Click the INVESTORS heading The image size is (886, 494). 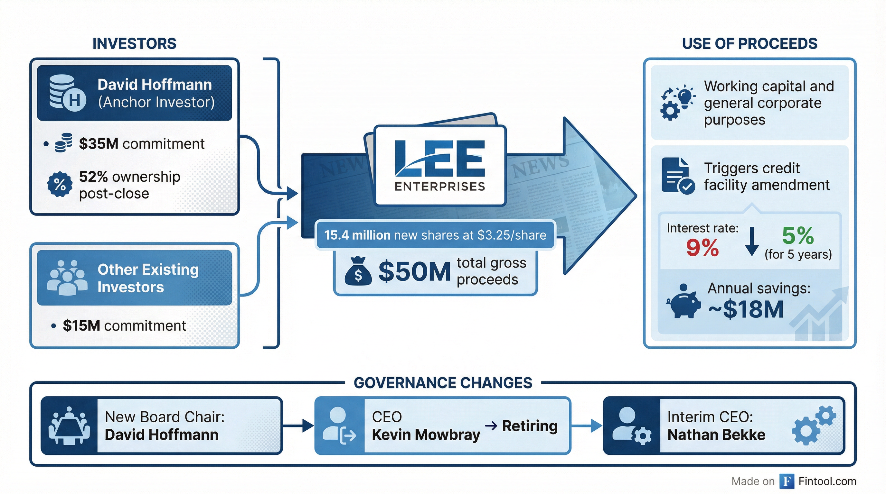coord(134,44)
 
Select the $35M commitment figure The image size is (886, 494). coord(99,143)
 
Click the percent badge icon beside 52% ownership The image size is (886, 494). coord(60,185)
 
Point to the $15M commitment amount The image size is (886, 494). coord(81,325)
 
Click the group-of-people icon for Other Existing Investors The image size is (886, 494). coord(67,278)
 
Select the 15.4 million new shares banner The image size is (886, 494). coord(435,235)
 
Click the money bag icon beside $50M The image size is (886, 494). coord(358,272)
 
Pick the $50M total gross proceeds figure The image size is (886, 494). coord(414,272)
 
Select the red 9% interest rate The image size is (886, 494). coord(702,248)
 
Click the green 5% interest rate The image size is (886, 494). coord(797,236)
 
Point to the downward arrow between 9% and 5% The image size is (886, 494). coord(752,241)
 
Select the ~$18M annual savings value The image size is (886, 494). coord(746,309)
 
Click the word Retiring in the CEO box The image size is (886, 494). coord(530,426)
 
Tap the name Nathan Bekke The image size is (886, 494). coord(716,435)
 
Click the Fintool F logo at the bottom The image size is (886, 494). coord(787,481)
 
